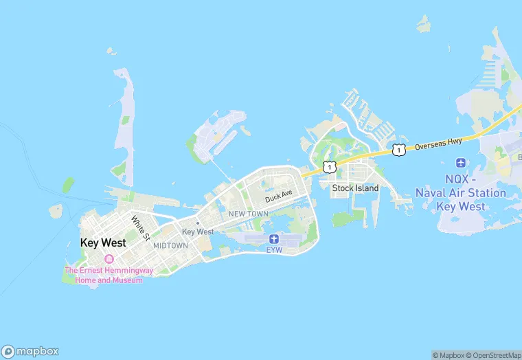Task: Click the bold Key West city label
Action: pyautogui.click(x=103, y=243)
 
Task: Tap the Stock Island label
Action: pyautogui.click(x=355, y=188)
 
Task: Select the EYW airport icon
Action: pyautogui.click(x=274, y=238)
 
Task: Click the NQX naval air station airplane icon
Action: pyautogui.click(x=460, y=164)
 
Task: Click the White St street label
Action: pyautogui.click(x=141, y=228)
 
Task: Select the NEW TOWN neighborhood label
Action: pyautogui.click(x=248, y=214)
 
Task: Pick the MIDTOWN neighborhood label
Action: pyautogui.click(x=170, y=245)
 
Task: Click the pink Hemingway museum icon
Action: pyautogui.click(x=109, y=259)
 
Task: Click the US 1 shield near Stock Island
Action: pyautogui.click(x=330, y=166)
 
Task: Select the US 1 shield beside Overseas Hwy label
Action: pyautogui.click(x=398, y=149)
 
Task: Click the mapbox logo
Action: pyautogui.click(x=30, y=350)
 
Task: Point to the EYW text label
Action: pyautogui.click(x=274, y=249)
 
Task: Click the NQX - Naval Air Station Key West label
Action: pyautogui.click(x=460, y=193)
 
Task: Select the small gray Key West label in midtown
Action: pyautogui.click(x=198, y=232)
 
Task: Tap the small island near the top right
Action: pyautogui.click(x=424, y=25)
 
